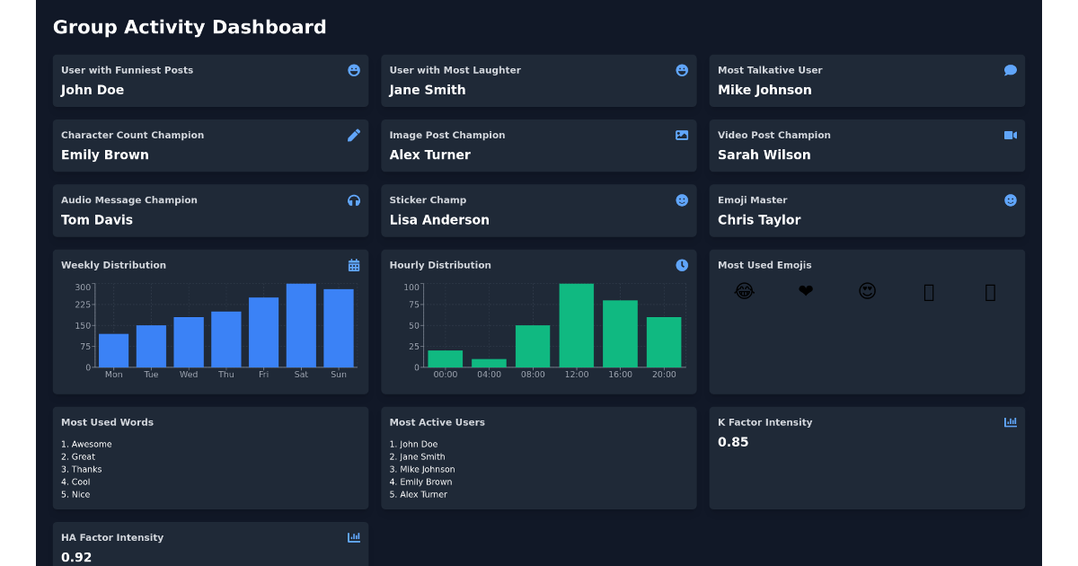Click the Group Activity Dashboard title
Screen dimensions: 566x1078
click(190, 27)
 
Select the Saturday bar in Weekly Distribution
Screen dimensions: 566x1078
click(301, 325)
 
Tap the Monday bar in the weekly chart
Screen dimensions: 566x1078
click(113, 350)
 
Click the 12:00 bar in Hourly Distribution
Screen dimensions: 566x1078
click(577, 325)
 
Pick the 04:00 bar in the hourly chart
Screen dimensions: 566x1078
click(489, 363)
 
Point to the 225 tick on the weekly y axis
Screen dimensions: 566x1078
click(83, 305)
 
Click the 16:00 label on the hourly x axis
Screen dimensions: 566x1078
click(620, 375)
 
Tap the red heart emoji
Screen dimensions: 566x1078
click(806, 291)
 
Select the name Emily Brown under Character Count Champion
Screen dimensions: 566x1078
click(105, 155)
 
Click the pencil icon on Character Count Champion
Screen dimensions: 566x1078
click(354, 135)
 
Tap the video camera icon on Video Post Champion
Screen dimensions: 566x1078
click(1011, 135)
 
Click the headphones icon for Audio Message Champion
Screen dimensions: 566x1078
click(354, 200)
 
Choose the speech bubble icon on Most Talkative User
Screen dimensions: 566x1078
click(1011, 70)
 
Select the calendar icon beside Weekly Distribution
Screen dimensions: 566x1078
click(354, 265)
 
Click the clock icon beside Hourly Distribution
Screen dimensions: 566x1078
click(682, 265)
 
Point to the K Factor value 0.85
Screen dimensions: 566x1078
click(733, 442)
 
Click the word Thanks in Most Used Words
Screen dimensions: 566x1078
click(86, 469)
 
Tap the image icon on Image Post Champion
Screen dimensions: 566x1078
click(682, 135)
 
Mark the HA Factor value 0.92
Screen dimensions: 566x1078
click(76, 557)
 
